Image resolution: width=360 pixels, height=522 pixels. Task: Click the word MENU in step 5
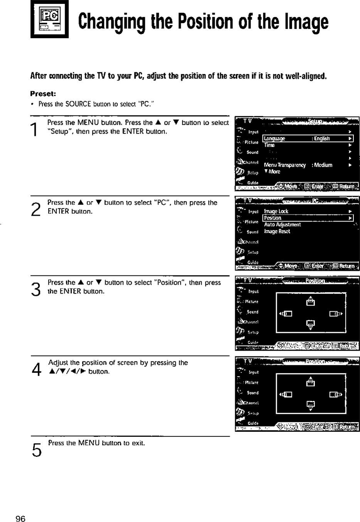coord(89,443)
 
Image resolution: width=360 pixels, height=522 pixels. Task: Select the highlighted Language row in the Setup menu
coord(308,139)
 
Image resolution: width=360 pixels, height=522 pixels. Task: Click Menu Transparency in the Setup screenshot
coord(285,165)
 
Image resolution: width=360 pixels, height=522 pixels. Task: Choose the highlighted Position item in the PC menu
coord(308,218)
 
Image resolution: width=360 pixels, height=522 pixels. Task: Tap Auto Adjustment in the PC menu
coord(283,225)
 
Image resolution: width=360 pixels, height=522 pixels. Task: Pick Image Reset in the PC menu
coord(277,232)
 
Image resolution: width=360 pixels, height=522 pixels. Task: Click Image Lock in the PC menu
coord(276,211)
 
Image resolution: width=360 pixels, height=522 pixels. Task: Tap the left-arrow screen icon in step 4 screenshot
coord(286,394)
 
